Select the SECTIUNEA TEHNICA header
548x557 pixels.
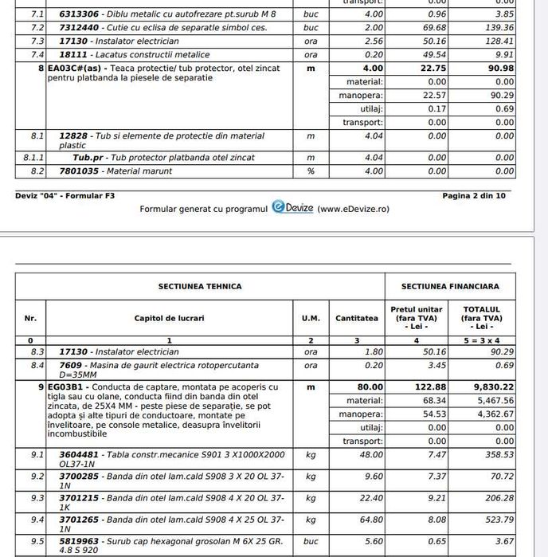[x=200, y=286]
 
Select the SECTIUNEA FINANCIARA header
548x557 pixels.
[x=450, y=286]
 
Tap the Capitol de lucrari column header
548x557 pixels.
[x=169, y=318]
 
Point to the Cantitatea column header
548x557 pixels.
[x=356, y=318]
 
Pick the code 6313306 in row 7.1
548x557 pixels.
[x=78, y=14]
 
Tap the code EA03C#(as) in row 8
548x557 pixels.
[x=77, y=69]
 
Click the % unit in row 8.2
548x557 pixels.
[x=311, y=171]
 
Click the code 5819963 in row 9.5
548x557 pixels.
[x=78, y=541]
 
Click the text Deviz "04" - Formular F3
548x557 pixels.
[x=64, y=195]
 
